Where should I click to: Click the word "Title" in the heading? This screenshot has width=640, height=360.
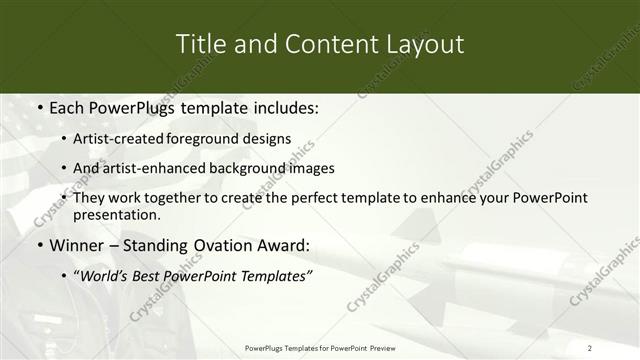(199, 44)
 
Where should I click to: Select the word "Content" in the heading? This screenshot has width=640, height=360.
(314, 44)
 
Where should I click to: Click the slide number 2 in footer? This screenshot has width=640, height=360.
(590, 347)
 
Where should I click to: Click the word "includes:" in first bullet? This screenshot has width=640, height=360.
(282, 106)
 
